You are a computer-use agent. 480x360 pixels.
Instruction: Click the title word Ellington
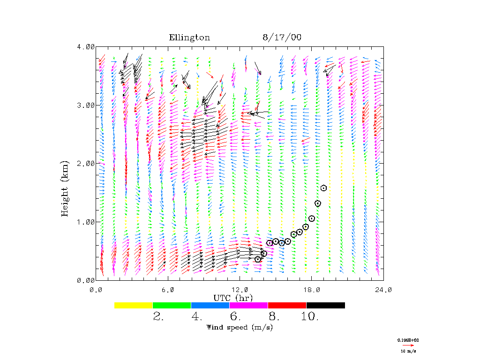tap(189, 37)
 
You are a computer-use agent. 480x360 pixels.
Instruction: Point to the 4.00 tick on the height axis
tap(86, 47)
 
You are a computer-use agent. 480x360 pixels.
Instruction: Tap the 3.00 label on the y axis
tap(86, 105)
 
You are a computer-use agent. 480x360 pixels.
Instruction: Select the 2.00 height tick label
tap(86, 163)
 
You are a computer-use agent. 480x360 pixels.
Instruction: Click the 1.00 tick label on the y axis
tap(86, 222)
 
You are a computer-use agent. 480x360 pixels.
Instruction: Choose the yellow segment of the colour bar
tap(133, 305)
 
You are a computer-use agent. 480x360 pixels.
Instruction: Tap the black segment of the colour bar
tap(325, 305)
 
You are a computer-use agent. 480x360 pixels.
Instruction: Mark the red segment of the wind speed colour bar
tap(287, 305)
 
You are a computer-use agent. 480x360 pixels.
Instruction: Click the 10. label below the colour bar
tap(310, 317)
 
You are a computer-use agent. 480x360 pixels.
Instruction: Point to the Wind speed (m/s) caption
tap(240, 327)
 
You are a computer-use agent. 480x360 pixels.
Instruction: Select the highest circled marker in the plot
tap(323, 188)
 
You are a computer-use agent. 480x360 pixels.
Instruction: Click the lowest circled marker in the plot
tap(258, 259)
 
